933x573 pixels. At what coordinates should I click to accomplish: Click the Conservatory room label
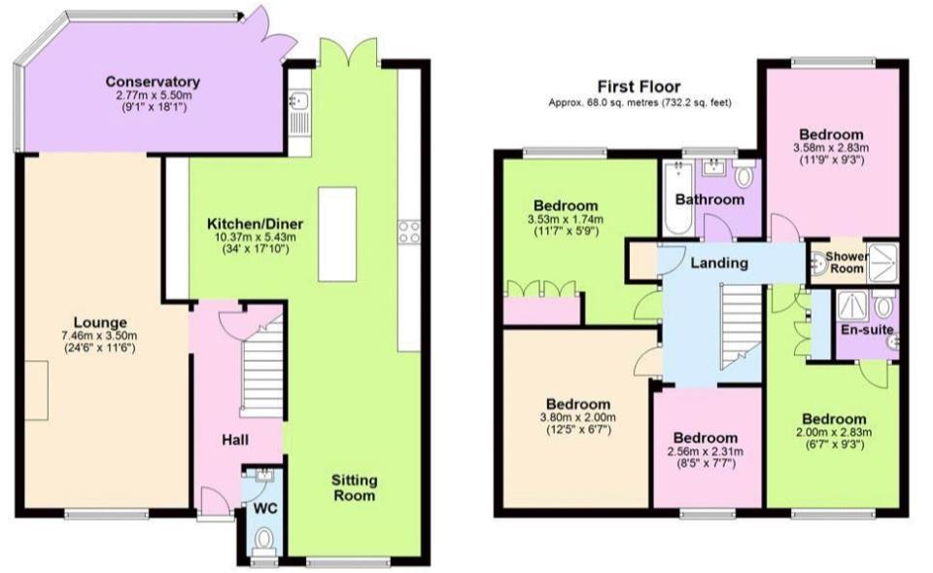153,82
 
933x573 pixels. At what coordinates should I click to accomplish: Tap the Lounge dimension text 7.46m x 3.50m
100,336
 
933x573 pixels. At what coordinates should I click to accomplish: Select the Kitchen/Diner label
255,224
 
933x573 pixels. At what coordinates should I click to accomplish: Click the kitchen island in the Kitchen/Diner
337,234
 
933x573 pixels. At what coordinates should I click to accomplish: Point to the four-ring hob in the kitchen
409,232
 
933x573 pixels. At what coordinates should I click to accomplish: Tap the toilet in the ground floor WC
263,541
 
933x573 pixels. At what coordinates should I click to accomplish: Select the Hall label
235,440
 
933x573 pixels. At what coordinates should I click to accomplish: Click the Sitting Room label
354,487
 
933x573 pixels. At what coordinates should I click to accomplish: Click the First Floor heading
639,87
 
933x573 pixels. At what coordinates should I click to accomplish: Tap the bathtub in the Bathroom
677,197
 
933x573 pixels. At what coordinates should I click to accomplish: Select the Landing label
719,263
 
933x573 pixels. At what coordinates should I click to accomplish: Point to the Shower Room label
847,262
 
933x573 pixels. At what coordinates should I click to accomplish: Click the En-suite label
867,330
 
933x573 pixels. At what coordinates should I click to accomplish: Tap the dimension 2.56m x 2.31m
706,451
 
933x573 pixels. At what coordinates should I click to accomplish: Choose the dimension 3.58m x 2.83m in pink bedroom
831,148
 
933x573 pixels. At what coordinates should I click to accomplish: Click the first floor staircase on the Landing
742,327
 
